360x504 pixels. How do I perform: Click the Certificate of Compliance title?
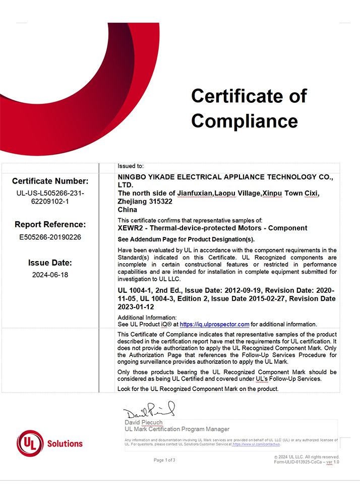[x=249, y=108]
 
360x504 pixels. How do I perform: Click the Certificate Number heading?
[x=50, y=181]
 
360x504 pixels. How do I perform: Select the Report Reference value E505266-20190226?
[x=50, y=236]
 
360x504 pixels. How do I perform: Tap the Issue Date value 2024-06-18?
[x=50, y=275]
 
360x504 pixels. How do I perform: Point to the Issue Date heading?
[x=50, y=263]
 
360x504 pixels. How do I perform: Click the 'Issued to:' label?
[x=131, y=166]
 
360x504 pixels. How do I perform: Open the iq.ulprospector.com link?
[x=214, y=325]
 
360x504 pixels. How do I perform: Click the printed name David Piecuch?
[x=144, y=422]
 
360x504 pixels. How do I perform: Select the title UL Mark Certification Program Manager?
[x=177, y=429]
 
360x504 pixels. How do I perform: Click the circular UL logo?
[x=30, y=444]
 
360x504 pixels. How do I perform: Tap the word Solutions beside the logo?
[x=65, y=444]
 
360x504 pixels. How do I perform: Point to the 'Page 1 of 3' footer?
[x=164, y=460]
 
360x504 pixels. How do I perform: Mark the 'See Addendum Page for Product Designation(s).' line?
[x=186, y=239]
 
